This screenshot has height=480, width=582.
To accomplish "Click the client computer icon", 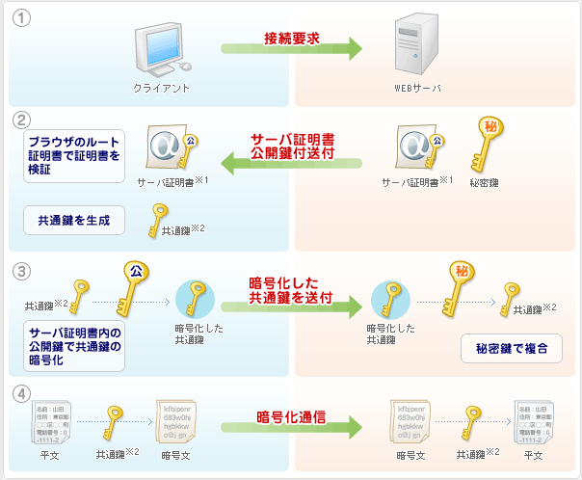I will (x=160, y=48).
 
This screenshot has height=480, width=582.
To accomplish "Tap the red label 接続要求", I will (x=292, y=38).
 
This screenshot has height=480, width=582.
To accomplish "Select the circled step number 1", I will (x=21, y=19).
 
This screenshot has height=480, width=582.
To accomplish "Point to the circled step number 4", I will (x=21, y=394).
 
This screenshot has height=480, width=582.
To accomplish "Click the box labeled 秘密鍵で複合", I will (x=512, y=348).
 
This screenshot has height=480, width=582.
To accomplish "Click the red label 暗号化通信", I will (x=291, y=416).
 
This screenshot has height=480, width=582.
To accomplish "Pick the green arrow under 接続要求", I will (x=291, y=49).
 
